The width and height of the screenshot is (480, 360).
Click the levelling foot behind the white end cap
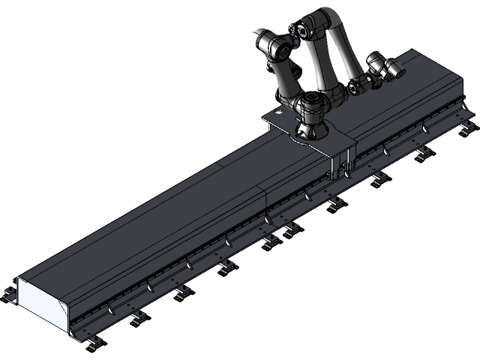(9, 292)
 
